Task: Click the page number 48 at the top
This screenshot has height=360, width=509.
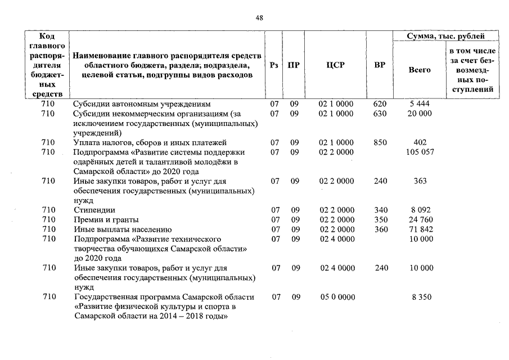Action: (259, 18)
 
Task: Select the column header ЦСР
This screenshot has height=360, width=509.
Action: (335, 65)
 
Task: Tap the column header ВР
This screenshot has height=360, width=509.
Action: (380, 65)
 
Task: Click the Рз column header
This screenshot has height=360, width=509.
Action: (274, 65)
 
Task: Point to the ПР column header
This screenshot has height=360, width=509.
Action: (294, 65)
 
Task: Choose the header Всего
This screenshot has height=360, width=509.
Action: (419, 70)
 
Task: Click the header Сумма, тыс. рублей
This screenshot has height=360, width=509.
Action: (445, 36)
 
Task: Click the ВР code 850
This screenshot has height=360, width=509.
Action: (380, 142)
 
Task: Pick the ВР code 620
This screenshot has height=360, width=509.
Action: (380, 104)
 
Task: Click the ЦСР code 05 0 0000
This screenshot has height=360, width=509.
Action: (336, 296)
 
